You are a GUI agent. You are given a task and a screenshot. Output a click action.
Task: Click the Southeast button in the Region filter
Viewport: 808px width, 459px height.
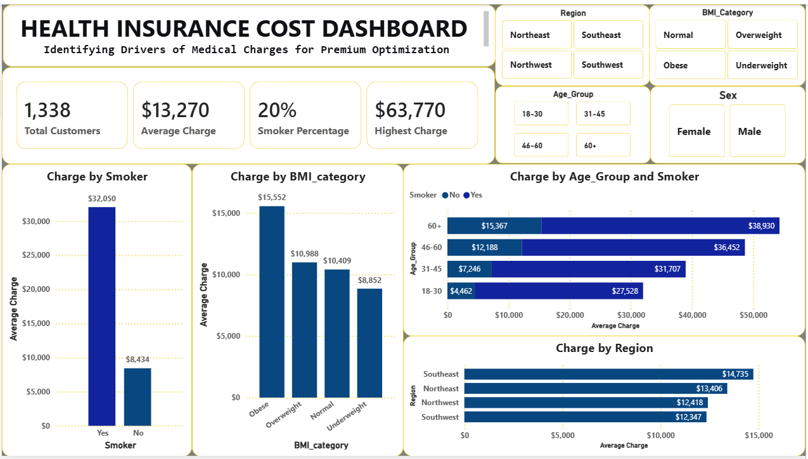point(608,35)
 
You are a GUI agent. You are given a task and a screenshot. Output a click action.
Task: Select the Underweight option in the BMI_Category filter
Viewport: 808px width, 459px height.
point(762,65)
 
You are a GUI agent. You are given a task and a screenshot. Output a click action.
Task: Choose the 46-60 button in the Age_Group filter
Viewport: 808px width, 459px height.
point(541,145)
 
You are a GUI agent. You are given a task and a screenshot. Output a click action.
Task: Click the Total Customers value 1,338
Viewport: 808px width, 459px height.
point(48,110)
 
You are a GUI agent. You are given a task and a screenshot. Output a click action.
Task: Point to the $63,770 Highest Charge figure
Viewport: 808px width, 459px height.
point(410,110)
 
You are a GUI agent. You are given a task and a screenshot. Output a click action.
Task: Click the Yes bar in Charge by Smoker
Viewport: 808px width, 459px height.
point(102,317)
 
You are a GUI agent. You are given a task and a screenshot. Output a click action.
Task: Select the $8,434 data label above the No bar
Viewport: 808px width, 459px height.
point(138,359)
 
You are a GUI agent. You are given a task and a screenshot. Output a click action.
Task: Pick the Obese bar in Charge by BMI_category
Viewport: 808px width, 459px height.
point(272,302)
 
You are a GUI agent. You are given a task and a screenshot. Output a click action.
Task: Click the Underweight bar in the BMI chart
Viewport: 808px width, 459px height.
point(369,343)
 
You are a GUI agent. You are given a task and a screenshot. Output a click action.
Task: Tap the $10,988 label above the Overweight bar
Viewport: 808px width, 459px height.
point(304,254)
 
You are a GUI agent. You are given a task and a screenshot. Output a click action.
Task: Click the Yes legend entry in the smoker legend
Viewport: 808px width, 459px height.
point(473,195)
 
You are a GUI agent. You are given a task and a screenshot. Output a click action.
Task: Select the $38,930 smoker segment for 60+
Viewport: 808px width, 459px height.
point(660,225)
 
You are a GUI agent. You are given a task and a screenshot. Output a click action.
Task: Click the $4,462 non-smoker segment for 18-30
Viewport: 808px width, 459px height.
point(461,291)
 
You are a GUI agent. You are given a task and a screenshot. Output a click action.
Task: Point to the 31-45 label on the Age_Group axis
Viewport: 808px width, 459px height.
point(432,269)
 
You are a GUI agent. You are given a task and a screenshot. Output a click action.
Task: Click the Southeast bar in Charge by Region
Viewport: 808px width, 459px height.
point(608,374)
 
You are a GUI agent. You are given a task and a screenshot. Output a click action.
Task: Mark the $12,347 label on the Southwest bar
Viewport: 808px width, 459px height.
point(688,417)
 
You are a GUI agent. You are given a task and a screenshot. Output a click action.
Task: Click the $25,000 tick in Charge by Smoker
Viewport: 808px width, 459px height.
point(36,255)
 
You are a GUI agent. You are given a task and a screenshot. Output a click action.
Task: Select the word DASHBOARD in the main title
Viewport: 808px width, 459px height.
point(394,28)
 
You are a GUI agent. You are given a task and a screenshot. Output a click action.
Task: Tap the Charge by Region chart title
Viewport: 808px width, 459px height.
point(604,348)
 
